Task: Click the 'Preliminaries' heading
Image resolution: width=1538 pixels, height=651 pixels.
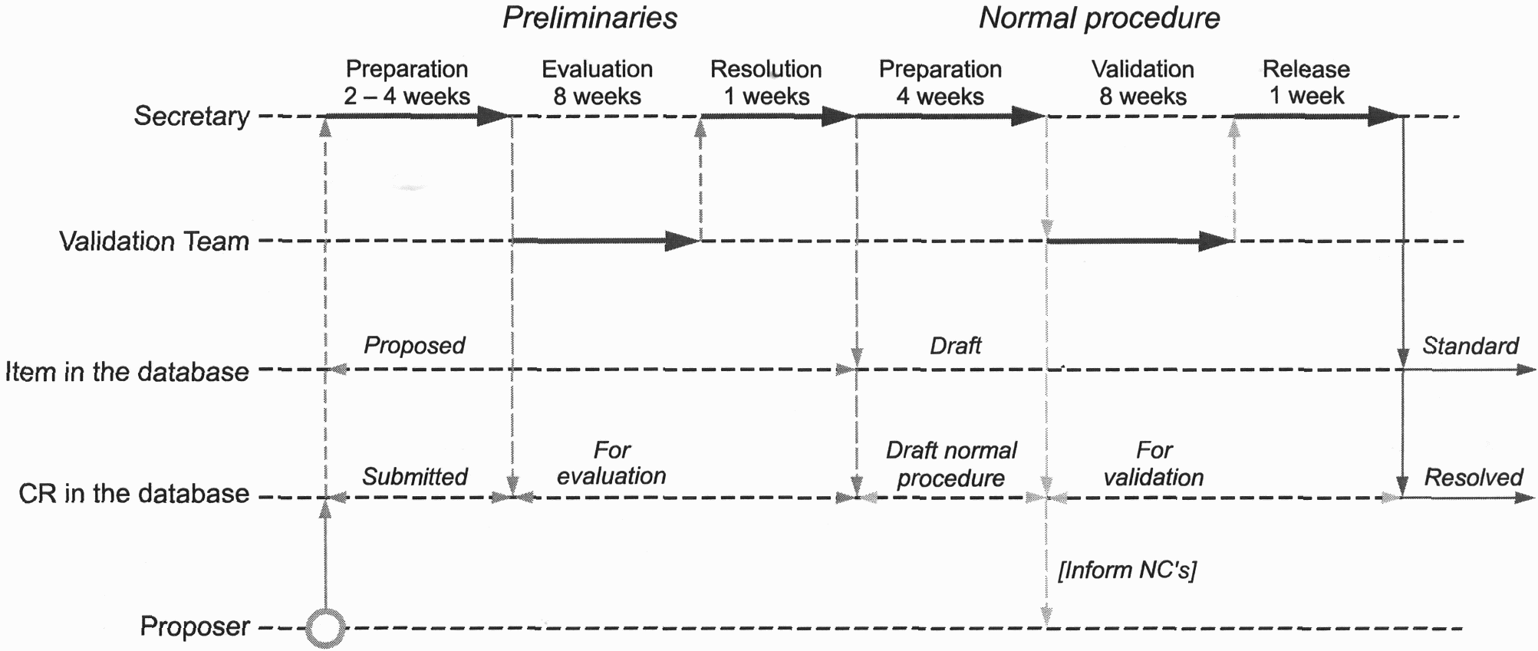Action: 590,18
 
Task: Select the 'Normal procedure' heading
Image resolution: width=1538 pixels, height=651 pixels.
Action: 1099,18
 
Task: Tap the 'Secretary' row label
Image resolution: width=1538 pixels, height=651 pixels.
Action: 192,117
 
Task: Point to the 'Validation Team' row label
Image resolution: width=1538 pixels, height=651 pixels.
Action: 154,242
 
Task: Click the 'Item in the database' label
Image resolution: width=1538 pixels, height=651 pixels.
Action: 127,372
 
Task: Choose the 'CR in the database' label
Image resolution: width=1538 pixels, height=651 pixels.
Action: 134,493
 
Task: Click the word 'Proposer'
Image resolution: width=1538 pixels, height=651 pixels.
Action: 195,626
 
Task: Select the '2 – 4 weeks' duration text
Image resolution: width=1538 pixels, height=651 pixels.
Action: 407,97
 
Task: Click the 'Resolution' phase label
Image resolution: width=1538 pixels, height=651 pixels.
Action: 766,69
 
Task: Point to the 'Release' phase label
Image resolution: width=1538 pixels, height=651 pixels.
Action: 1306,69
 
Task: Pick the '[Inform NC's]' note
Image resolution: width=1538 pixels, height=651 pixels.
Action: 1127,570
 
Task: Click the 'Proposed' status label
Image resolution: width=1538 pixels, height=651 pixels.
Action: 414,346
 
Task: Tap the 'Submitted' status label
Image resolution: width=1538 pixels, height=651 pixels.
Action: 415,477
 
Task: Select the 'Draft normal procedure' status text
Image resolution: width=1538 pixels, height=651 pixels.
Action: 951,464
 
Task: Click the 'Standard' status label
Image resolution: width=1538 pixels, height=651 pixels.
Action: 1470,346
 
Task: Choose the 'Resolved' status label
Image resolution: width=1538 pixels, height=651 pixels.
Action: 1474,478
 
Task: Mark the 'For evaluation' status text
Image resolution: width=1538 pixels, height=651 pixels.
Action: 611,463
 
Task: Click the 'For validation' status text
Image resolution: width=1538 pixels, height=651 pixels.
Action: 1154,464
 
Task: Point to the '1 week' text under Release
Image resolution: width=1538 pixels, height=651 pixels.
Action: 1306,96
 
